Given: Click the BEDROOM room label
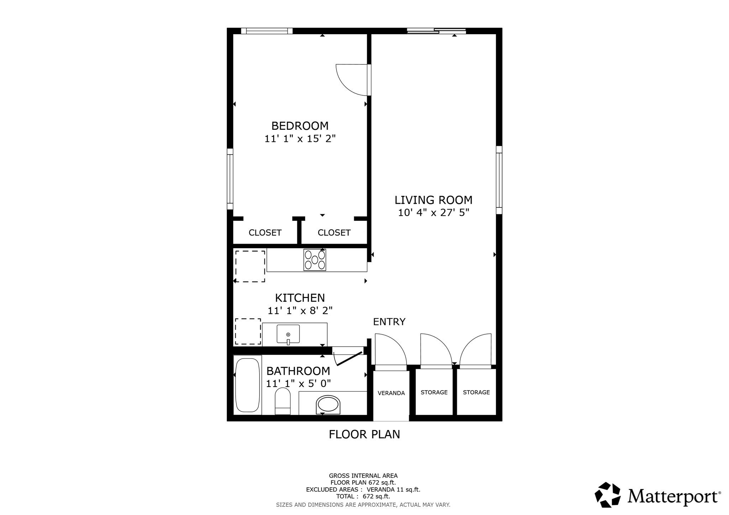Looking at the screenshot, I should coord(300,126).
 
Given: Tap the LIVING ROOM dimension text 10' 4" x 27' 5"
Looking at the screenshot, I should coord(433,213).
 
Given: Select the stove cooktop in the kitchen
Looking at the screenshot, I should coord(315,260).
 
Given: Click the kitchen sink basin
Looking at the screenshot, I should coord(288,334).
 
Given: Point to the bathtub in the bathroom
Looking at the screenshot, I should coord(248,385).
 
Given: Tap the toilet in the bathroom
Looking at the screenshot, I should coord(283,401).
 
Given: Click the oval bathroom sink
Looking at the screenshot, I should coord(328,404).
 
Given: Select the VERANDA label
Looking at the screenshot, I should coord(391,393).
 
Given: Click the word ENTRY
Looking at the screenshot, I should coord(389,322).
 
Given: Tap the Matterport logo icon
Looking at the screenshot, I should coord(608,494).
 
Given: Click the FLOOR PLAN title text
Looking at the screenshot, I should coord(364,434).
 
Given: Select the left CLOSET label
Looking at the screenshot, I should coord(265,233).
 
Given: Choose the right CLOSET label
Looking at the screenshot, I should coord(334,233).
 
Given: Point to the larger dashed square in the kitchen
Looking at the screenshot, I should coord(250,266).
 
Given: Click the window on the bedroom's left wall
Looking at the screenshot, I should coord(230,179).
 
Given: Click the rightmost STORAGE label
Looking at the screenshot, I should coord(476,392).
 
